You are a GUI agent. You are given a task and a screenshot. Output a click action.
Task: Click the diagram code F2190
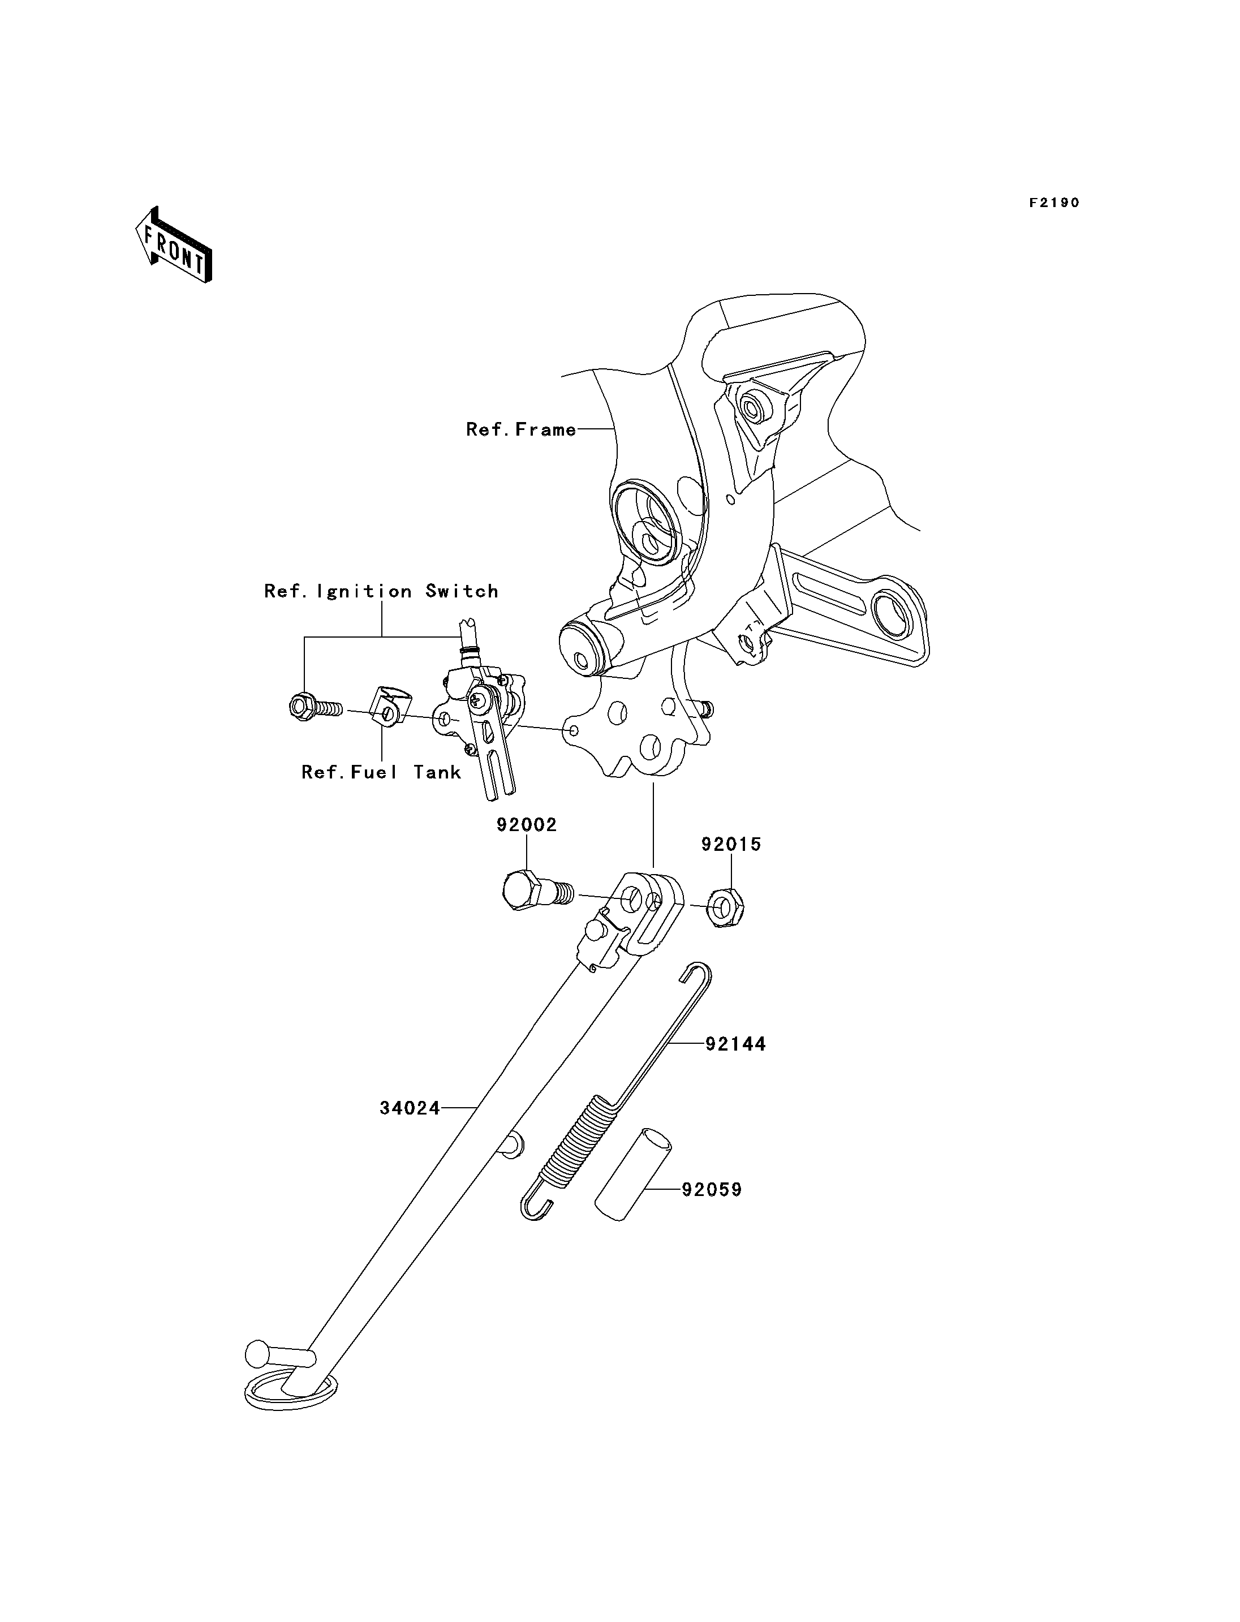(x=1055, y=203)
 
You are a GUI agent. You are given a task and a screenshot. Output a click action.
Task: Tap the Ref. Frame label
(x=521, y=429)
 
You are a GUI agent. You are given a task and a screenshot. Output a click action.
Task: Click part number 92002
(x=526, y=825)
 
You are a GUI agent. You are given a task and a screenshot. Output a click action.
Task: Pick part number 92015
(x=731, y=844)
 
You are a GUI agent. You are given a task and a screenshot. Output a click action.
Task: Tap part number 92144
(x=736, y=1044)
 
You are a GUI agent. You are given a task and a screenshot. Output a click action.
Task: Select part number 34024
(x=410, y=1129)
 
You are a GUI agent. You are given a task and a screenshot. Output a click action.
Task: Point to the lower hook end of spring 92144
(x=536, y=1208)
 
